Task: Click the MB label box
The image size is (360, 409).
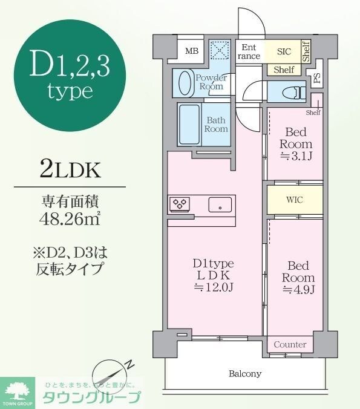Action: click(192, 51)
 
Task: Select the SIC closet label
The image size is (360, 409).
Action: click(283, 52)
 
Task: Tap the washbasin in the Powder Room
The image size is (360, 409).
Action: click(184, 82)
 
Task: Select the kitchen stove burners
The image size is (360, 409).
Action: click(180, 204)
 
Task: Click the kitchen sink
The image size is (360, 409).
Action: click(221, 204)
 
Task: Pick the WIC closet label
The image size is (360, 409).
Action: click(295, 199)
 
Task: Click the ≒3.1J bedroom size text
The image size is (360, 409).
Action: click(296, 155)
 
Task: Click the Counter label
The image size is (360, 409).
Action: click(290, 344)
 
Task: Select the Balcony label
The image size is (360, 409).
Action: click(245, 373)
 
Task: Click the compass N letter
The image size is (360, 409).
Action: click(129, 364)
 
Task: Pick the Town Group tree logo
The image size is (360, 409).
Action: click(19, 390)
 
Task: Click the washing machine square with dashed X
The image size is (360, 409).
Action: click(218, 51)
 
